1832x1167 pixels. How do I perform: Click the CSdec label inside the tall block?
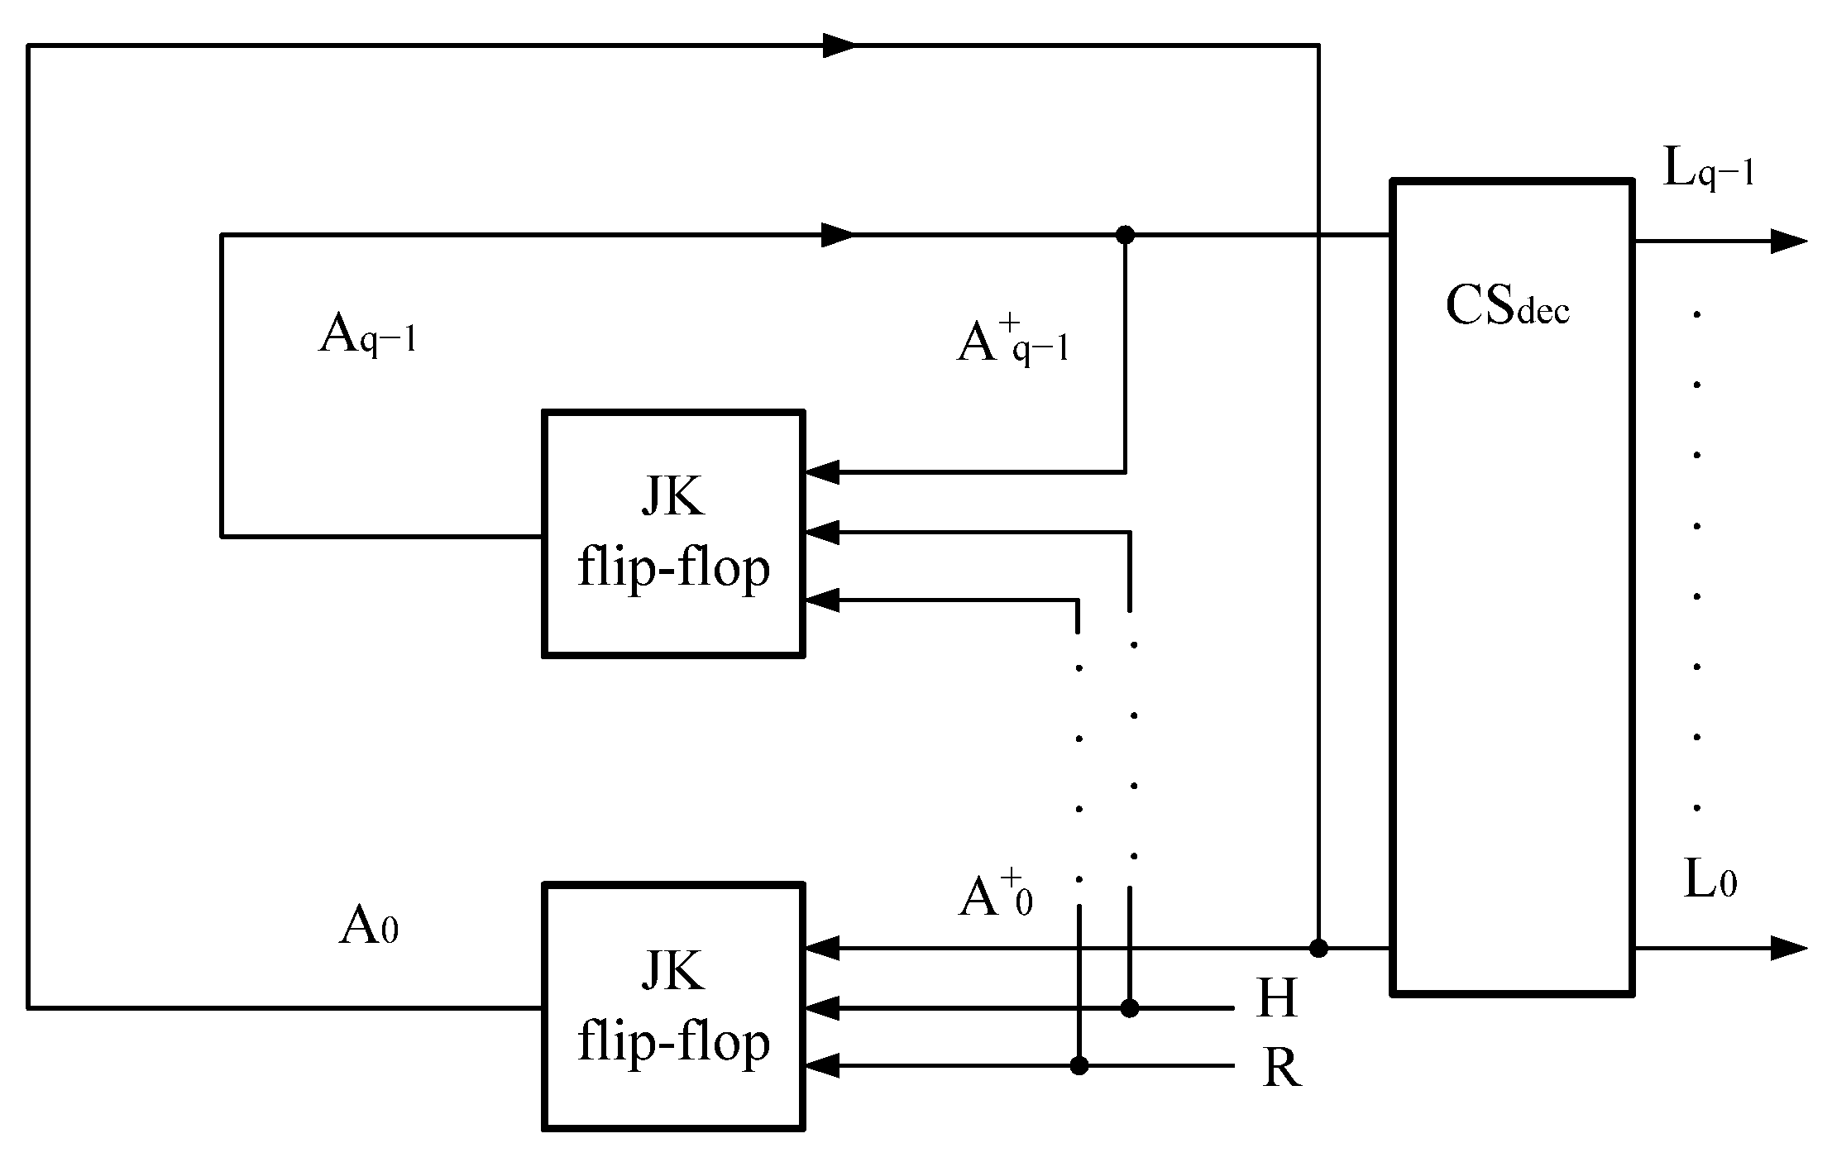pyautogui.click(x=1507, y=307)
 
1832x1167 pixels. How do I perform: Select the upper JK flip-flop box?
pyautogui.click(x=673, y=533)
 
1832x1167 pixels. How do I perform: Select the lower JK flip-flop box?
pyautogui.click(x=673, y=1007)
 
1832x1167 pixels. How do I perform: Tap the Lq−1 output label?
pyautogui.click(x=1708, y=171)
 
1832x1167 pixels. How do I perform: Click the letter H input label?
pyautogui.click(x=1277, y=998)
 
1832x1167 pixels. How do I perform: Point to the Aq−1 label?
pyautogui.click(x=366, y=337)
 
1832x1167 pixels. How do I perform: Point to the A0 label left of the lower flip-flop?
pyautogui.click(x=369, y=926)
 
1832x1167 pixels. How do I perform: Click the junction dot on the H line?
pyautogui.click(x=1130, y=1008)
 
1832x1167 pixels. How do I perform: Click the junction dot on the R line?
pyautogui.click(x=1079, y=1066)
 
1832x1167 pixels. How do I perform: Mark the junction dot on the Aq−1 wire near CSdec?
pyautogui.click(x=1125, y=236)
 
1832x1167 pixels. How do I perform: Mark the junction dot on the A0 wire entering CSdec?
pyautogui.click(x=1318, y=949)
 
